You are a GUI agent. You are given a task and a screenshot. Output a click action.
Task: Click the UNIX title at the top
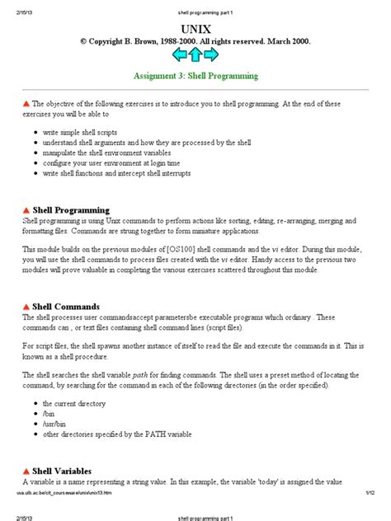pos(195,27)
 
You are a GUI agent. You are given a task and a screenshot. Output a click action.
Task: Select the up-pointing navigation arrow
pos(195,54)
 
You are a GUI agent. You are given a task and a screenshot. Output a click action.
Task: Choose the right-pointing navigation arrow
pos(211,54)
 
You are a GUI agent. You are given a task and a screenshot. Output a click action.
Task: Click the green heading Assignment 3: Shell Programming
pos(195,76)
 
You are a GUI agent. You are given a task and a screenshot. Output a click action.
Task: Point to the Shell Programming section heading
pos(70,210)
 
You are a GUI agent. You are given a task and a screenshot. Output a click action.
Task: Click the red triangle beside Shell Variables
pos(26,471)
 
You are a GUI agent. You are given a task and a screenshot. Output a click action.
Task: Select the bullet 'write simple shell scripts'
pos(87,132)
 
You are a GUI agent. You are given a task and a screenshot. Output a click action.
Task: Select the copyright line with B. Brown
pos(195,40)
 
